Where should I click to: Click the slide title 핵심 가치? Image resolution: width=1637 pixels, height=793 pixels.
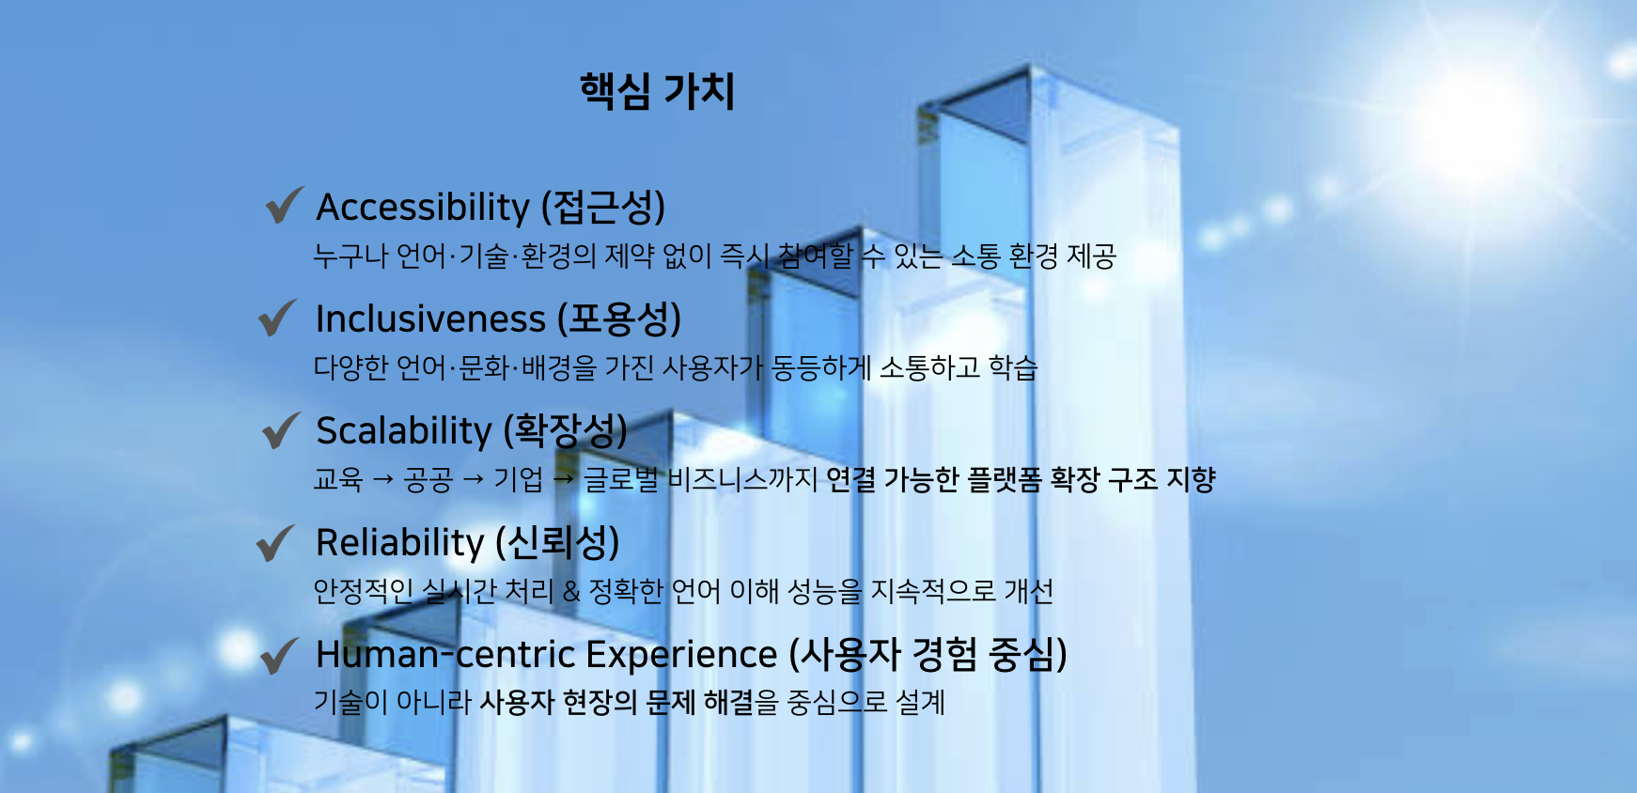pyautogui.click(x=657, y=91)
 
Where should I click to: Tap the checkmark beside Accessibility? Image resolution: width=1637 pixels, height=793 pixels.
pyautogui.click(x=284, y=205)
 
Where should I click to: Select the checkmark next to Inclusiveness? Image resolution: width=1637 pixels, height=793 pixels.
pyautogui.click(x=278, y=318)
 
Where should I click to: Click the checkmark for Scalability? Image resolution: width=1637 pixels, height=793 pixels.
pyautogui.click(x=282, y=430)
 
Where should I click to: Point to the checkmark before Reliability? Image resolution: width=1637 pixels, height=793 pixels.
pyautogui.click(x=276, y=542)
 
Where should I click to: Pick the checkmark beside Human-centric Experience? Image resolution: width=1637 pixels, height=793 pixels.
pyautogui.click(x=280, y=655)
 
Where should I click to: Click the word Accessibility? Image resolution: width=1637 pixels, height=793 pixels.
pyautogui.click(x=423, y=207)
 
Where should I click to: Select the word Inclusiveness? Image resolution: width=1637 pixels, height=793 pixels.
pyautogui.click(x=430, y=319)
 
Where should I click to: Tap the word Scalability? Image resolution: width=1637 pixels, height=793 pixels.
pyautogui.click(x=404, y=431)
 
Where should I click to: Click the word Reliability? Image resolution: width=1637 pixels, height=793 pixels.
pyautogui.click(x=399, y=543)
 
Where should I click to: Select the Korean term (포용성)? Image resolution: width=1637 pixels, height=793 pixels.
pyautogui.click(x=619, y=319)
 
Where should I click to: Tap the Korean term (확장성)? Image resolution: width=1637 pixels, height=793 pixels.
pyautogui.click(x=566, y=431)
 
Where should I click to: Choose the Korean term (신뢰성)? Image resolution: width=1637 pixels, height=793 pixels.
pyautogui.click(x=558, y=543)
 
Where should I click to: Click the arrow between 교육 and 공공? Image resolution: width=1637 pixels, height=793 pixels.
pyautogui.click(x=382, y=480)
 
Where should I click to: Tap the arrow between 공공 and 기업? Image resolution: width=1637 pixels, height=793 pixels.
pyautogui.click(x=474, y=480)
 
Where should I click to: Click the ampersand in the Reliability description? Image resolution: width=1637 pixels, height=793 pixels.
pyautogui.click(x=571, y=591)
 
